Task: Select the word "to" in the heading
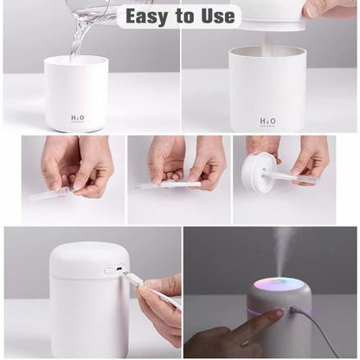click(183, 16)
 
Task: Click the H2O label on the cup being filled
click(77, 119)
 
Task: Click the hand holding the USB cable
click(160, 307)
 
